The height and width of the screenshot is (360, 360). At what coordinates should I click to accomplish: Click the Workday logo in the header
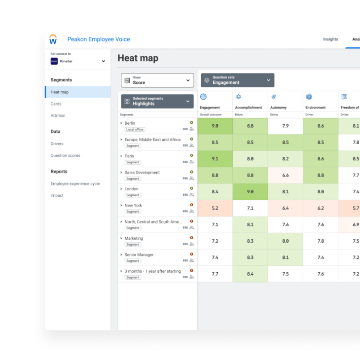pyautogui.click(x=53, y=39)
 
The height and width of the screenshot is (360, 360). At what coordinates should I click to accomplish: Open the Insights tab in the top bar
pyautogui.click(x=330, y=39)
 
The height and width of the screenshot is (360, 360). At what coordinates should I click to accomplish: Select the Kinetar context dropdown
pyautogui.click(x=78, y=61)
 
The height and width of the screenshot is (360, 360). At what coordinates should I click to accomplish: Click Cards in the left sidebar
pyautogui.click(x=56, y=104)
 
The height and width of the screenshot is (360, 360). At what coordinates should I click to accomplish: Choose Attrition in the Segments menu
pyautogui.click(x=58, y=116)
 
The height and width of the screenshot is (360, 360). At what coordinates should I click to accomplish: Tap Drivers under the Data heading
pyautogui.click(x=57, y=144)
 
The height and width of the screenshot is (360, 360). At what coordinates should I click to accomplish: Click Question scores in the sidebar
pyautogui.click(x=65, y=156)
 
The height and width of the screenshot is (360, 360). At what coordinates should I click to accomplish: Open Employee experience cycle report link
pyautogui.click(x=75, y=184)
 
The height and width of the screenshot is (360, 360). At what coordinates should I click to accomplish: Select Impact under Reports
pyautogui.click(x=57, y=196)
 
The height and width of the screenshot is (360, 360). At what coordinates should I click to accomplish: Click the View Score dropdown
pyautogui.click(x=157, y=80)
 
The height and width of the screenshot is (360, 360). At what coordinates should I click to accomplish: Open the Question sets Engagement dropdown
pyautogui.click(x=238, y=80)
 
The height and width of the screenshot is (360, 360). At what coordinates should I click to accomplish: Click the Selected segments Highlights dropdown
pyautogui.click(x=157, y=101)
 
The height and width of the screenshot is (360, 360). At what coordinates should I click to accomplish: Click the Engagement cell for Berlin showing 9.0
pyautogui.click(x=215, y=126)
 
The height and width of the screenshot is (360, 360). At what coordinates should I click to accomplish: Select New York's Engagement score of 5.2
pyautogui.click(x=215, y=209)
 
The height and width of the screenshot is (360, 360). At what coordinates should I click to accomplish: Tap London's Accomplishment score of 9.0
pyautogui.click(x=250, y=192)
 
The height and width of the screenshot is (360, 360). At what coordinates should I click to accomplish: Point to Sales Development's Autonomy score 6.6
pyautogui.click(x=286, y=176)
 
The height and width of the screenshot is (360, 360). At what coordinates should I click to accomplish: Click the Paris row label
pyautogui.click(x=129, y=156)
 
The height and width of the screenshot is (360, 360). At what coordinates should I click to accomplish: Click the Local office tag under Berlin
pyautogui.click(x=135, y=129)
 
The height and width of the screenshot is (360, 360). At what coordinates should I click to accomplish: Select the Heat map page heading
pyautogui.click(x=138, y=58)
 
